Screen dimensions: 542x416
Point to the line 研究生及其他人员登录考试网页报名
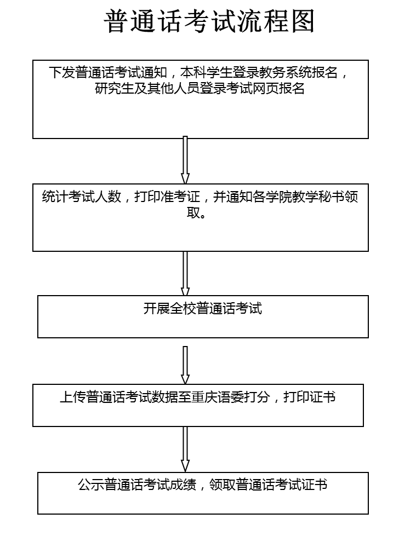[x=200, y=88]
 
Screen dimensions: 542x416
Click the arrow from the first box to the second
[x=185, y=160]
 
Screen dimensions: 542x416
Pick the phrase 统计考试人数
[x=82, y=197]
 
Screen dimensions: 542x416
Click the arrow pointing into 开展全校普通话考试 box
[x=185, y=274]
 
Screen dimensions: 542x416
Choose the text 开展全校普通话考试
[x=203, y=309]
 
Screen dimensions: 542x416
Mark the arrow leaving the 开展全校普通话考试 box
[x=185, y=365]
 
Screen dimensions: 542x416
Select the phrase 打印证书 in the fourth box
[x=309, y=397]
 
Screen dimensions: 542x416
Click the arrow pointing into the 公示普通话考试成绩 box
[x=185, y=449]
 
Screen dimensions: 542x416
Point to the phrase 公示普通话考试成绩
[x=138, y=485]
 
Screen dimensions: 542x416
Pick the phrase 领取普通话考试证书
[x=268, y=485]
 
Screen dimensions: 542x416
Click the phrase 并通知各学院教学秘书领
[x=286, y=197]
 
